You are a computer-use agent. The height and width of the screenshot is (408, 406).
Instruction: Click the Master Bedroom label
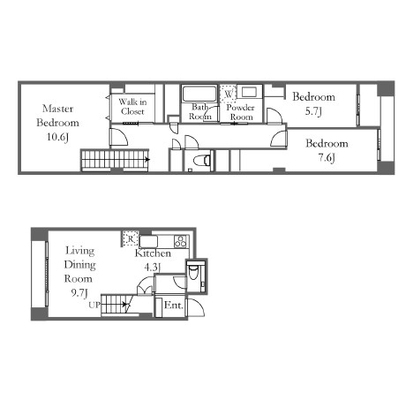[x=58, y=116]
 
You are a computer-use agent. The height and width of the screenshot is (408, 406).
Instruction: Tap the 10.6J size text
[x=57, y=137]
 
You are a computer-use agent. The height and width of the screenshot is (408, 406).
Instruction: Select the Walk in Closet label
[x=132, y=107]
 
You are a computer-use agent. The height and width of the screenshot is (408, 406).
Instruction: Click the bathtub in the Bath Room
[x=199, y=94]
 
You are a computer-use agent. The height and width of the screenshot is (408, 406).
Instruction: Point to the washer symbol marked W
[x=229, y=94]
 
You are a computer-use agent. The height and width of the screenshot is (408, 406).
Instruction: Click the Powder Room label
[x=241, y=112]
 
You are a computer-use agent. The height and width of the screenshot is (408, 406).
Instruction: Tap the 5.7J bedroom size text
[x=313, y=111]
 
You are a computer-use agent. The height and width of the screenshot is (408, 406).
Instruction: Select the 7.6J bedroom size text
[x=327, y=158]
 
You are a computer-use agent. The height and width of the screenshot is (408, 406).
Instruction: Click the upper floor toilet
[x=201, y=161]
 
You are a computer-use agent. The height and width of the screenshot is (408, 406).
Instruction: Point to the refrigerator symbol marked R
[x=131, y=238]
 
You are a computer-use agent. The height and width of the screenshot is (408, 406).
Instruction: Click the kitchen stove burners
[x=180, y=241]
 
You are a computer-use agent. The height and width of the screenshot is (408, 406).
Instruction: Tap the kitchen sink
[x=148, y=241]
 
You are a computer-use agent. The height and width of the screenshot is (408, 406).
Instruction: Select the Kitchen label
[x=153, y=253]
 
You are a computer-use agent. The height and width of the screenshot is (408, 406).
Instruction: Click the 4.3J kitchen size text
[x=153, y=268]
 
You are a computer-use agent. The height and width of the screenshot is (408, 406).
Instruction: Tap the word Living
[x=79, y=251]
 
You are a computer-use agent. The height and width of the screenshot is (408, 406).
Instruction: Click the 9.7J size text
[x=79, y=292]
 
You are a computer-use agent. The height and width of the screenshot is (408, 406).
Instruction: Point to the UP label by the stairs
[x=94, y=306]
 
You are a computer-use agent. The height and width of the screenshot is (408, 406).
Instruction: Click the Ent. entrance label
[x=174, y=306]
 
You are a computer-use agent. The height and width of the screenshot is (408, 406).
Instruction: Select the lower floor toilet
[x=193, y=272]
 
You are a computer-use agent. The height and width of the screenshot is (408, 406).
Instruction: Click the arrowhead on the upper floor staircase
[x=148, y=160]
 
